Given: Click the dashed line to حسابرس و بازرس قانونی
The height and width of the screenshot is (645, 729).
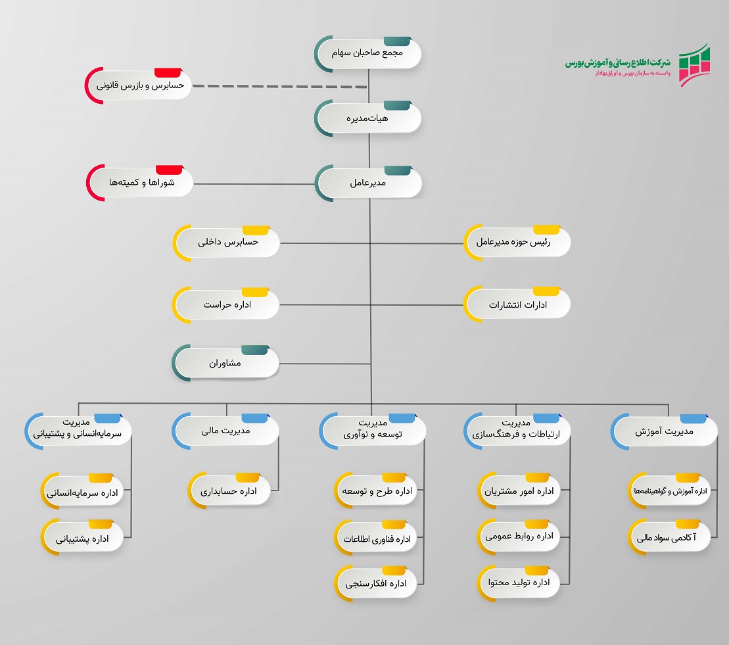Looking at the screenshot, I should pos(279,86).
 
